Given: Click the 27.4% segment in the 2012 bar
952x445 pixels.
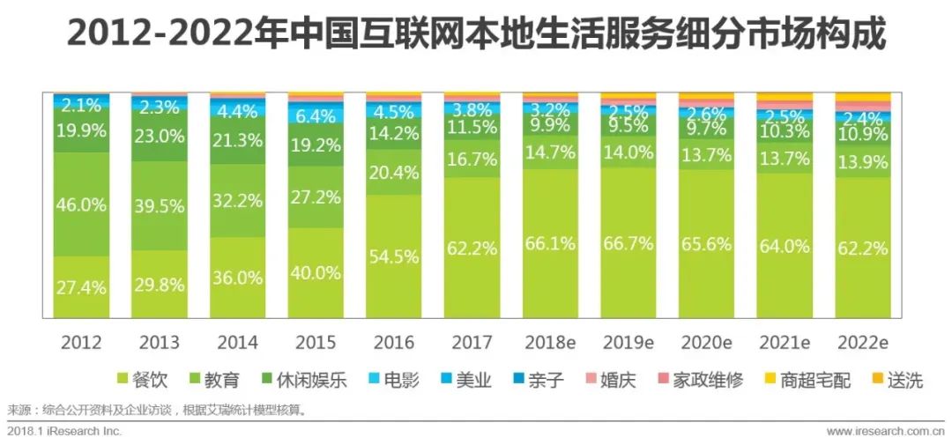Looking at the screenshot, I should pyautogui.click(x=80, y=287).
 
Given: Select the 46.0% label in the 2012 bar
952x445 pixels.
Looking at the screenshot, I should pyautogui.click(x=80, y=204).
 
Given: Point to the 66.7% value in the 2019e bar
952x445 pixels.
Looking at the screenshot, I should pyautogui.click(x=628, y=242).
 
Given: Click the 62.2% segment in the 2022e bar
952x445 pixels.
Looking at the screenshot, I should pyautogui.click(x=862, y=248).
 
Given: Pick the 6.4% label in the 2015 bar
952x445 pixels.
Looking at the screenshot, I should pyautogui.click(x=315, y=115).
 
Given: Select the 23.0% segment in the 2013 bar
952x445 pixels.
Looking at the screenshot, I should pyautogui.click(x=159, y=137).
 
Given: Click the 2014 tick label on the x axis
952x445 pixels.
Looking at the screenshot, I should pyautogui.click(x=236, y=342).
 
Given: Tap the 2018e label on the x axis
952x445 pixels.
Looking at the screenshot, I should pyautogui.click(x=549, y=342).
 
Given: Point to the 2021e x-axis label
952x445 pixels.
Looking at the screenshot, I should pyautogui.click(x=784, y=342).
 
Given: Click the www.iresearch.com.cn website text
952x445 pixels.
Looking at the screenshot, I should pyautogui.click(x=884, y=432).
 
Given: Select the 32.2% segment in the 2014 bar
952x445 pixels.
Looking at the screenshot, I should pyautogui.click(x=236, y=200).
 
